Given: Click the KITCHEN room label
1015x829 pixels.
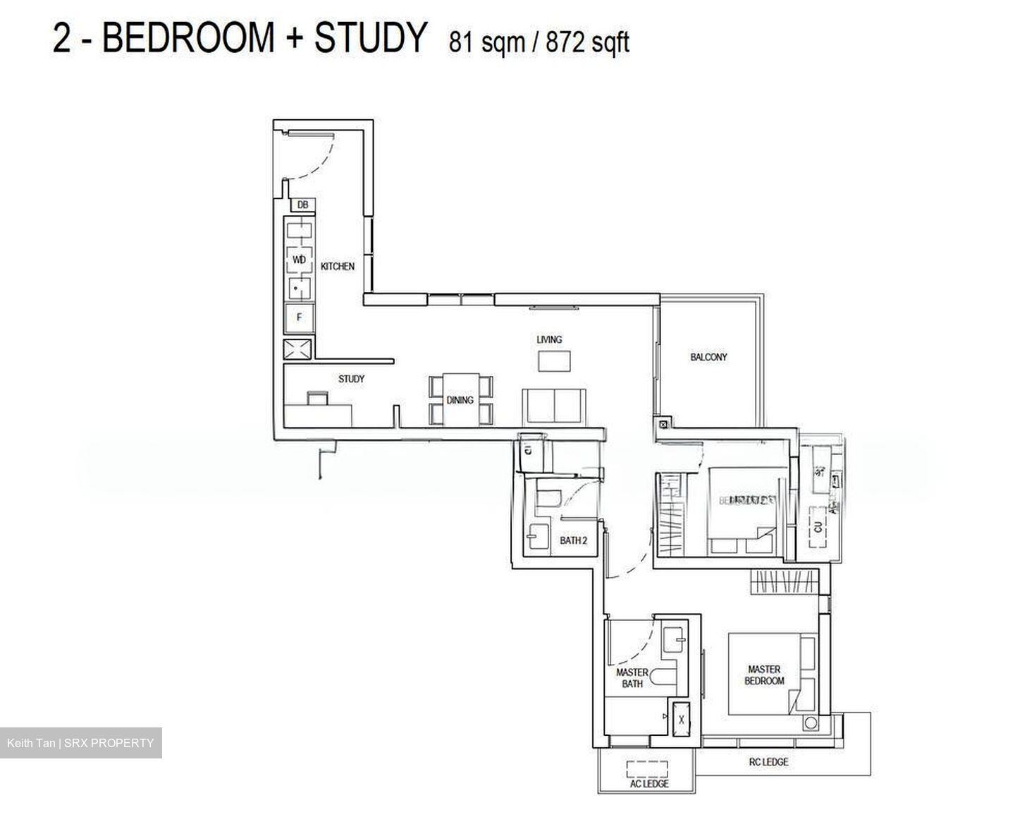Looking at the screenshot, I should (337, 266).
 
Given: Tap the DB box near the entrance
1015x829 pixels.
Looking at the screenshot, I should (302, 205).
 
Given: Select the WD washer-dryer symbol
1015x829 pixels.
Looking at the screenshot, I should (299, 260).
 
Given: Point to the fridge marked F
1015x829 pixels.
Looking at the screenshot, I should (299, 317).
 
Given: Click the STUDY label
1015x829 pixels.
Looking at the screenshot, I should (351, 379).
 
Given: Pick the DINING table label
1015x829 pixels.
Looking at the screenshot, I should (460, 400).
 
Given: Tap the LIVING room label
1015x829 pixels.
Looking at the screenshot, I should (549, 339).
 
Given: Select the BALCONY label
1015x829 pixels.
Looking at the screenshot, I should (708, 357).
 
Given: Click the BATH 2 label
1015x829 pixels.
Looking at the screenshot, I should (573, 540).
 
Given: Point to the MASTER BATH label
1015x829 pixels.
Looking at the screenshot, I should (632, 678).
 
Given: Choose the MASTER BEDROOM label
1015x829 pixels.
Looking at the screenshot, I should (764, 675).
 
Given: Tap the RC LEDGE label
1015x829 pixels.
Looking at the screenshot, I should (768, 762).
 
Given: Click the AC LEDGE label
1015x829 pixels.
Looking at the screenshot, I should (648, 783).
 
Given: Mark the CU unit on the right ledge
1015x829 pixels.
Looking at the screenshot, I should (818, 526).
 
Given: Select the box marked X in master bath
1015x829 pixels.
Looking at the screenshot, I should (681, 720).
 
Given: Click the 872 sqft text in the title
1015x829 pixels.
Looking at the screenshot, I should (588, 43).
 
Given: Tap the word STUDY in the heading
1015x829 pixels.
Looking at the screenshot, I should (370, 37).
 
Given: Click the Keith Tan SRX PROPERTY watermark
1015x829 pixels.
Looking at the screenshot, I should (80, 743).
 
